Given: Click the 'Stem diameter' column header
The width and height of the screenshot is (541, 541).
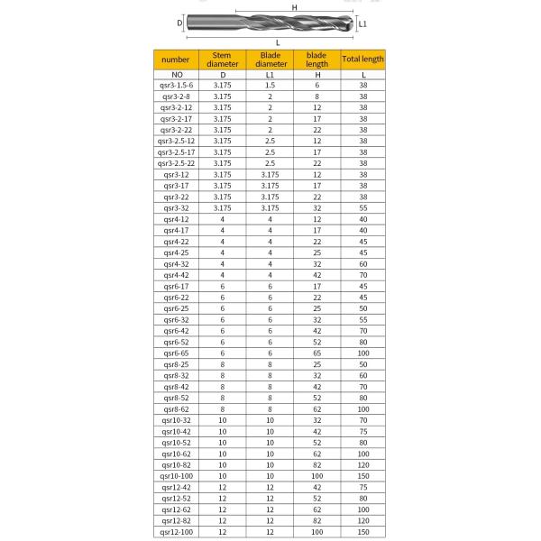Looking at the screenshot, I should click(221, 60).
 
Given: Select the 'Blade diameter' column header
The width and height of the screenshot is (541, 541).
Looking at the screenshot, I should click(270, 60).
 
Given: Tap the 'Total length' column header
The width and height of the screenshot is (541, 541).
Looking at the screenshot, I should click(362, 60).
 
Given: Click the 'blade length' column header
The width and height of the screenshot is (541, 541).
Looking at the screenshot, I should click(316, 60).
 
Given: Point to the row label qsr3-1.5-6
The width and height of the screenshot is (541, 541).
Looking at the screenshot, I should click(176, 84).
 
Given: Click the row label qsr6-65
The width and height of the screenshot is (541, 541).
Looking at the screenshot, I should click(176, 354).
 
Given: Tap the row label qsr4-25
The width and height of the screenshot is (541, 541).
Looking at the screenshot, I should click(176, 252).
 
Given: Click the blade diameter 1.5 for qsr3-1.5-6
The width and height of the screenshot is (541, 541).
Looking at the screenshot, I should click(270, 84).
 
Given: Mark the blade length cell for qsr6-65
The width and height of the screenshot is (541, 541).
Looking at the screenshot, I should click(316, 354).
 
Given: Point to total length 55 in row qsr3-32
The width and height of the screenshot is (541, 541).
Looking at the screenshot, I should click(362, 207).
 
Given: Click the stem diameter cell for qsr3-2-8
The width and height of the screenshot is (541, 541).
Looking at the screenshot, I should click(221, 95).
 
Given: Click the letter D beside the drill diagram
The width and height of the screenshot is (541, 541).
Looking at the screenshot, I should click(179, 23).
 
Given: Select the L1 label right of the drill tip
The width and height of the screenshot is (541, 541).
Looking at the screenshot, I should click(363, 24).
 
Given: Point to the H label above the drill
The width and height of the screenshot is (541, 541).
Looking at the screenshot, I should click(294, 7).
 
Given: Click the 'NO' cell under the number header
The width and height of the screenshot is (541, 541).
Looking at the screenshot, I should click(176, 73).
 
